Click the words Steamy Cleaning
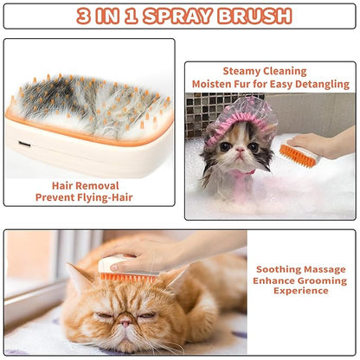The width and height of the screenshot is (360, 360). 265,71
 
